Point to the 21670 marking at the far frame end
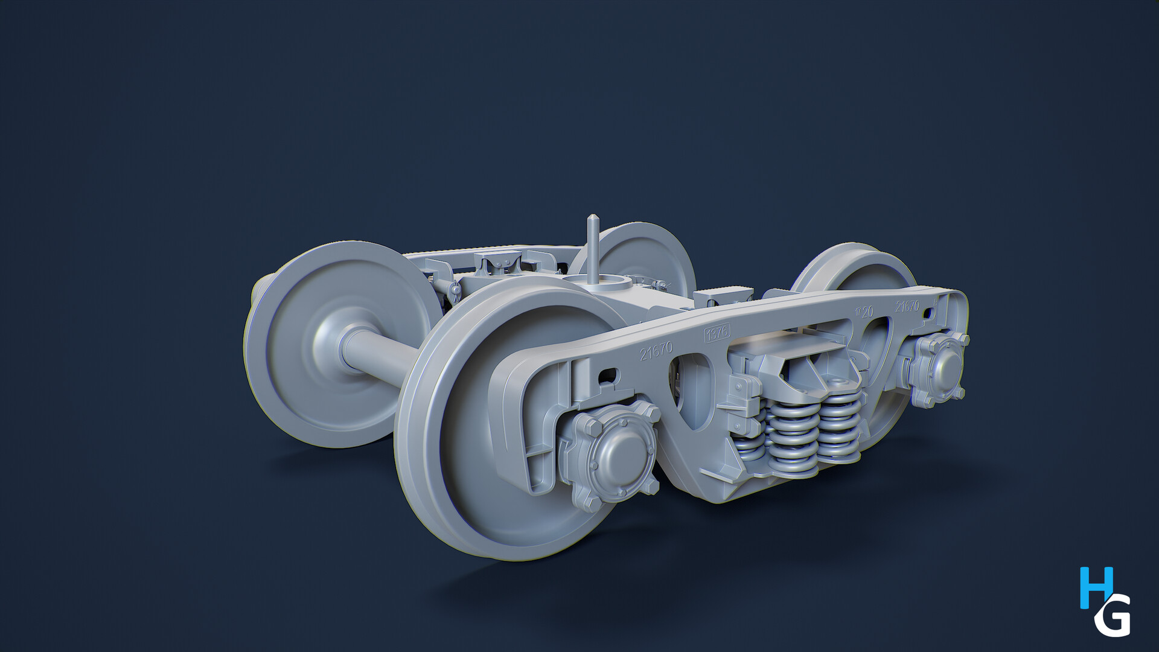point(907,305)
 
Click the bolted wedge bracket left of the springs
point(744,398)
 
